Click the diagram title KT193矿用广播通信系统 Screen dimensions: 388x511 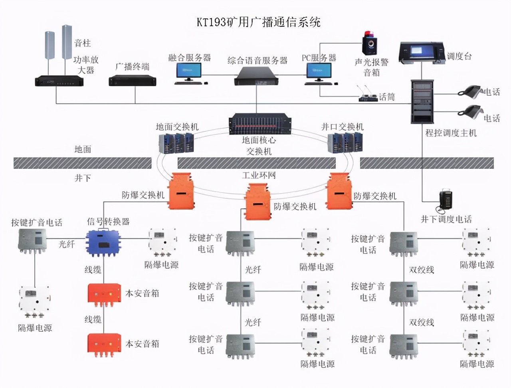click(x=259, y=22)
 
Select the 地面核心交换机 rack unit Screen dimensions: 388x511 click(x=259, y=124)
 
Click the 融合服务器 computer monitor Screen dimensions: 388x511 click(x=189, y=72)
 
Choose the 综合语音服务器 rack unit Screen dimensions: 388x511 click(x=257, y=76)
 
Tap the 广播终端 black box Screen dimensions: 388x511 click(x=132, y=81)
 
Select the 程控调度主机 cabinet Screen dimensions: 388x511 click(x=422, y=101)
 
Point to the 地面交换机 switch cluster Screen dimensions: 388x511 click(x=176, y=143)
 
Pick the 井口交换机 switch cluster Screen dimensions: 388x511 click(x=346, y=143)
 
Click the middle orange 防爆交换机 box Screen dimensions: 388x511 click(x=259, y=202)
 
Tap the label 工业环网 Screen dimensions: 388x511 click(x=259, y=175)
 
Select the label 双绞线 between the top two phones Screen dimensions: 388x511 click(x=422, y=269)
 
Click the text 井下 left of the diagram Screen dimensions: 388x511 click(x=83, y=178)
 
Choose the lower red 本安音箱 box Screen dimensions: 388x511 click(x=104, y=343)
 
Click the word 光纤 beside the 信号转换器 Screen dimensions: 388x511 click(x=67, y=244)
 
